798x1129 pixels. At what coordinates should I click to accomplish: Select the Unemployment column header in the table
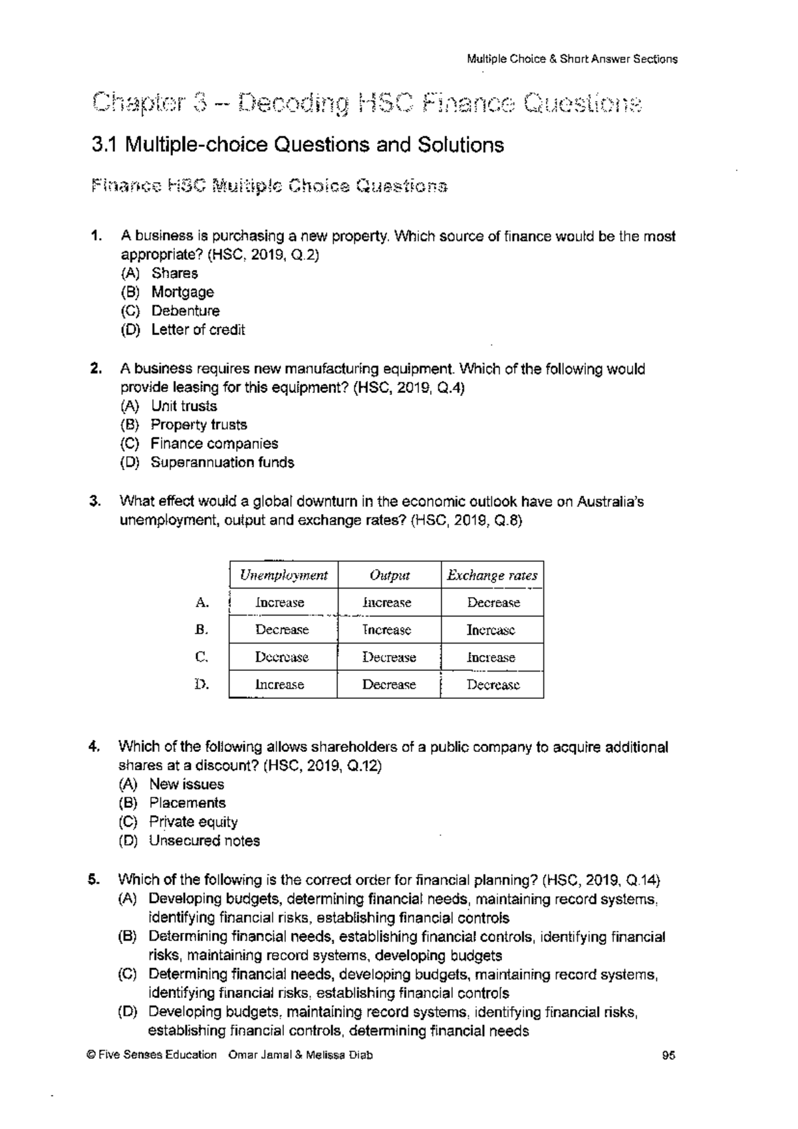coord(283,575)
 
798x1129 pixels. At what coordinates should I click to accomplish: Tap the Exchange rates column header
coord(492,575)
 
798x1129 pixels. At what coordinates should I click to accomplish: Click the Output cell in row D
coord(389,684)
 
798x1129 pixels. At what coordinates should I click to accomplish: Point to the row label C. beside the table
coord(202,657)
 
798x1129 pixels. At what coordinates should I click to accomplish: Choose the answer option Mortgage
coord(182,292)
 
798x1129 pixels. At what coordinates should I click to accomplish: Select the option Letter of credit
coord(198,330)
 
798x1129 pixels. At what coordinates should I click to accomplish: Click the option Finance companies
coord(214,443)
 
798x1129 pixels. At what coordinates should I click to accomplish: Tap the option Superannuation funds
coord(222,462)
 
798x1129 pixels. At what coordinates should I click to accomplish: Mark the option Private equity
coord(193,822)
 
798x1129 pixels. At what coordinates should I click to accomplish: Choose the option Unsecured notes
coord(204,840)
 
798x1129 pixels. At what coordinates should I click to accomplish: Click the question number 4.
coord(94,747)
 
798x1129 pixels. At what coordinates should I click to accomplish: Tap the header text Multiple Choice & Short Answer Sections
coord(572,59)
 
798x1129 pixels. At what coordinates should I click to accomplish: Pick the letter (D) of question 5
coord(128,1012)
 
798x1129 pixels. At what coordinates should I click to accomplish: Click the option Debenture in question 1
coord(185,311)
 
